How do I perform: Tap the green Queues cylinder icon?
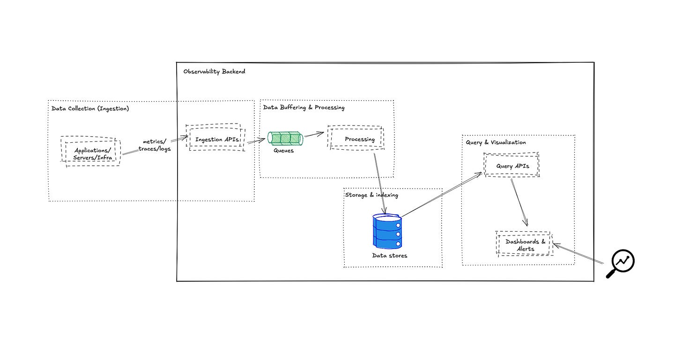[285, 139]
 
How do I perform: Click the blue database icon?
[387, 231]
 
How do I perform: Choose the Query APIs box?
[511, 165]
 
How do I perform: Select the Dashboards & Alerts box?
[525, 244]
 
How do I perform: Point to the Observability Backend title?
[214, 72]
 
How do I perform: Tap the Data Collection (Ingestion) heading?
[90, 109]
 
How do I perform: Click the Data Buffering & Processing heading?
[304, 108]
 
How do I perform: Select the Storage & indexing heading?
[371, 195]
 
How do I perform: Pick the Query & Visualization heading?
[496, 142]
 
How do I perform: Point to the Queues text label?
[283, 151]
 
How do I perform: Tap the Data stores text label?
[389, 256]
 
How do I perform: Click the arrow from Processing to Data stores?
[380, 183]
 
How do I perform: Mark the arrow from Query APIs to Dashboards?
[519, 202]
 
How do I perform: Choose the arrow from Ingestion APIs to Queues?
[256, 140]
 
